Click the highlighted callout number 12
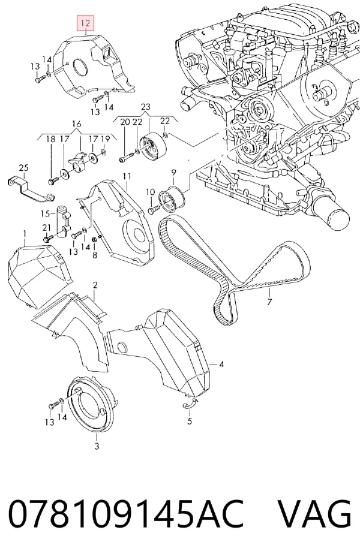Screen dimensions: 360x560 click(86, 23)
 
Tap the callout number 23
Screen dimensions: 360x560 click(146, 107)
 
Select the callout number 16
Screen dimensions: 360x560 click(77, 124)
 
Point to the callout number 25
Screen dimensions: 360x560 click(23, 167)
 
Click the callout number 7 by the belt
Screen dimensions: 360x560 click(269, 302)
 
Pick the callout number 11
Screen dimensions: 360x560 click(127, 176)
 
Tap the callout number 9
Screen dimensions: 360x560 click(173, 173)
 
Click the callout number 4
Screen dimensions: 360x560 click(221, 365)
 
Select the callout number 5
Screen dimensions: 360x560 click(190, 421)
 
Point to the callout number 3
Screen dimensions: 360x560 click(97, 445)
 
